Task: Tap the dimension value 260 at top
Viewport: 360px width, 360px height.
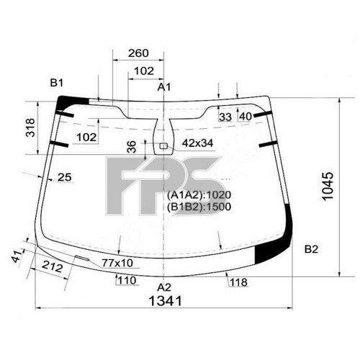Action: [x=138, y=53]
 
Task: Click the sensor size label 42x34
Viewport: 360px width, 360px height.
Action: [x=197, y=143]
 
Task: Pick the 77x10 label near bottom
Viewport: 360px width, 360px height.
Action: [x=117, y=263]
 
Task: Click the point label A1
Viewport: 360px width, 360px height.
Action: [x=165, y=87]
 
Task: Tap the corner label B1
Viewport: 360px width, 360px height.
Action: [x=57, y=83]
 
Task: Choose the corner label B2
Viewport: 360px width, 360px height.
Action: [x=311, y=249]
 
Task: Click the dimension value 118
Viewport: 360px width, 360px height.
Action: [x=238, y=282]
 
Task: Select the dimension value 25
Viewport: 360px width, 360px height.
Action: [x=65, y=177]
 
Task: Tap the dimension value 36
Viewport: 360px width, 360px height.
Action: [x=130, y=146]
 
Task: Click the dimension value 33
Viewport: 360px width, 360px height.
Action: [x=225, y=116]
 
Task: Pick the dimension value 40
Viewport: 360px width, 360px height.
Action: [x=245, y=116]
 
